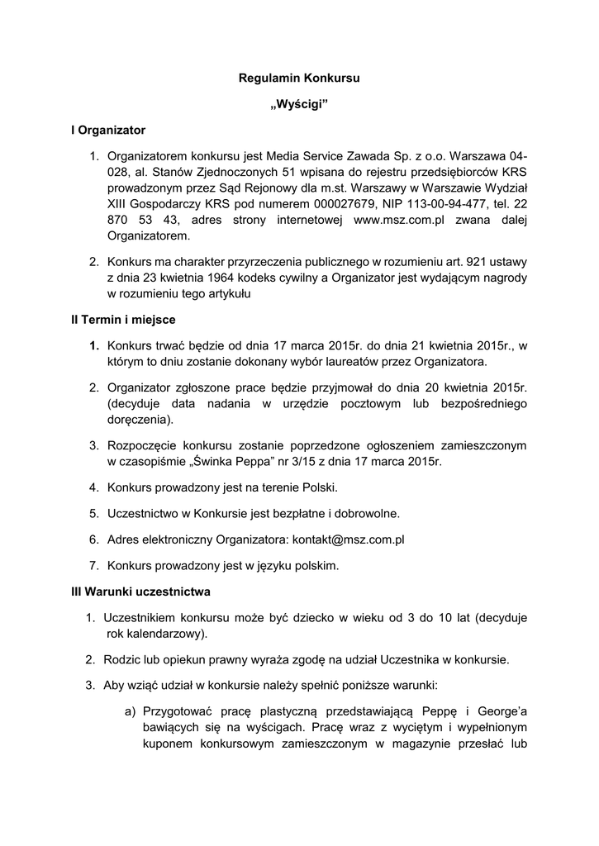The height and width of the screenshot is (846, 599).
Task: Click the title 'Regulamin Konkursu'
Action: pyautogui.click(x=299, y=78)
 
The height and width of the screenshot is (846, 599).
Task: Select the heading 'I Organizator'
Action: pyautogui.click(x=108, y=130)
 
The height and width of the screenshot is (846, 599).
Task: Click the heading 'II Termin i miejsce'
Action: pyautogui.click(x=123, y=319)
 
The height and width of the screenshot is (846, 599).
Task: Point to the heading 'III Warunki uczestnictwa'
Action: pyautogui.click(x=141, y=592)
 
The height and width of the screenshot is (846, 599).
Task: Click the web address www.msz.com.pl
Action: pyautogui.click(x=400, y=219)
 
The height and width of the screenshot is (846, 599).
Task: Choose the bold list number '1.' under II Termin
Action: pyautogui.click(x=94, y=345)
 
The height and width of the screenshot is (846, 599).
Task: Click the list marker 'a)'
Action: pyautogui.click(x=131, y=711)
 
